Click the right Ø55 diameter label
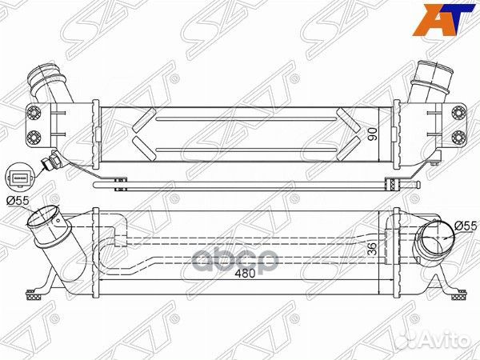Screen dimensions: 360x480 click(465, 226)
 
